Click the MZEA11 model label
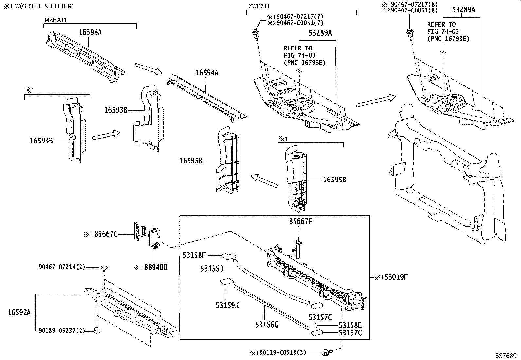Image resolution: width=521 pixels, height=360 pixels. [x=56, y=20]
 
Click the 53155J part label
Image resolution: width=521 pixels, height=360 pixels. [x=212, y=269]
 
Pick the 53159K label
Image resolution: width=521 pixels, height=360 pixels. [x=227, y=305]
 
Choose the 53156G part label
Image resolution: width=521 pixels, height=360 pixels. [x=267, y=325]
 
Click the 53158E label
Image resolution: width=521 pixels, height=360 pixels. [x=350, y=325]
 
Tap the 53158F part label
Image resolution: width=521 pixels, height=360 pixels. [x=194, y=255]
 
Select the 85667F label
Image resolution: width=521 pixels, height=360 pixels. [x=300, y=221]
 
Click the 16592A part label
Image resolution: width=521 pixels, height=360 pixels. [x=19, y=313]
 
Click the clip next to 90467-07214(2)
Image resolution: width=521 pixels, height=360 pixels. [x=104, y=269]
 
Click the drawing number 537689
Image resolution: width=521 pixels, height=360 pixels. [x=506, y=355]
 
